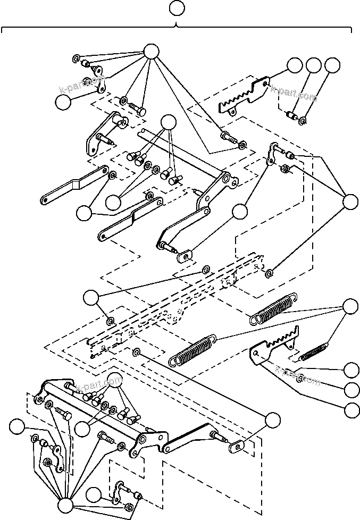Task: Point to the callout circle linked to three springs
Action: pyautogui.click(x=350, y=307)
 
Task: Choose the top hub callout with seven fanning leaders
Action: pyautogui.click(x=151, y=51)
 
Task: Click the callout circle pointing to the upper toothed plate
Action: pyautogui.click(x=294, y=65)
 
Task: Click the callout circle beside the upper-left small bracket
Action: pyautogui.click(x=63, y=103)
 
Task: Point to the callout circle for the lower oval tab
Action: pyautogui.click(x=272, y=420)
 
